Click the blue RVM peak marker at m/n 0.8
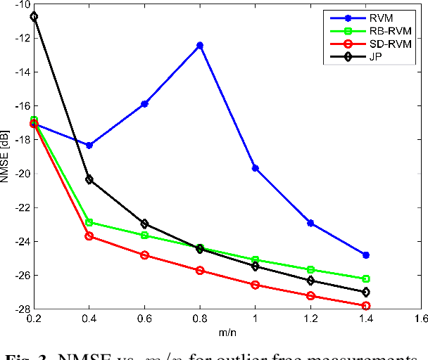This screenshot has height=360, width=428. point(200,45)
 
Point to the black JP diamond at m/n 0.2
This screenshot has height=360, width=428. point(34,16)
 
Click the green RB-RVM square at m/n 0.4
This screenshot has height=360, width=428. point(89,222)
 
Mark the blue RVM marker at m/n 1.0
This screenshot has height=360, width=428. point(255,168)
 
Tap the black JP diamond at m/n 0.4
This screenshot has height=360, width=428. point(89,179)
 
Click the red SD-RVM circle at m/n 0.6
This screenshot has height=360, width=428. point(144,255)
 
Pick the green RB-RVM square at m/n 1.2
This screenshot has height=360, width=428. point(310,269)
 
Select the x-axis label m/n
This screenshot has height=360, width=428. point(227,333)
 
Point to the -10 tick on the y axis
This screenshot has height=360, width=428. point(20,4)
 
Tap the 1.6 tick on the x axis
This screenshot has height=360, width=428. point(420,319)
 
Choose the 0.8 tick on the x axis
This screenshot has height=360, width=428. point(200,319)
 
